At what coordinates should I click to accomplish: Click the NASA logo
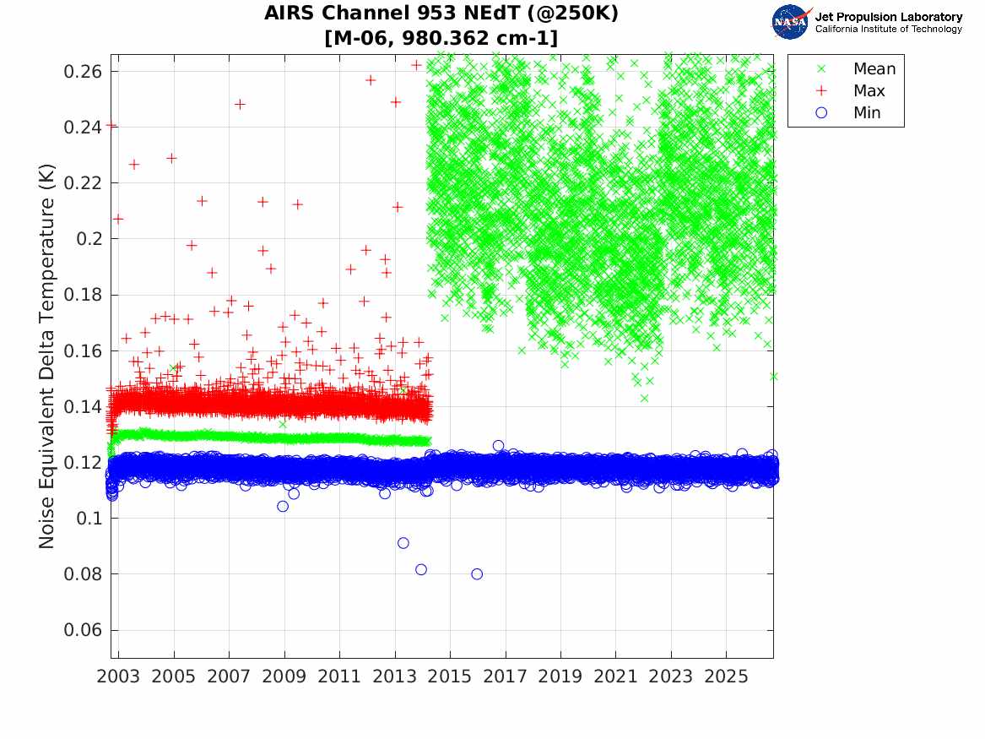coord(791,21)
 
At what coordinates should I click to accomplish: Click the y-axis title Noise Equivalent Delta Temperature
coord(46,356)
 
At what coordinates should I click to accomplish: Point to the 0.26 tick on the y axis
coord(82,72)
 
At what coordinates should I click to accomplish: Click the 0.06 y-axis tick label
coord(82,630)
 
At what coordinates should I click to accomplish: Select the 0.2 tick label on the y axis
coord(89,239)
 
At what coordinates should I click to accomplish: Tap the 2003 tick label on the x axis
coord(118,677)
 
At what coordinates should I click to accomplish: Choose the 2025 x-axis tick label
coord(726,677)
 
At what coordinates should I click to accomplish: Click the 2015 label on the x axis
coord(450,677)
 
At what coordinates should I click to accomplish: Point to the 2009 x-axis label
coord(284,677)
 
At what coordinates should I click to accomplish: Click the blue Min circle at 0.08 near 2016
coord(477,573)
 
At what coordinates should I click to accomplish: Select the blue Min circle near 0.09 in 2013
coord(403,543)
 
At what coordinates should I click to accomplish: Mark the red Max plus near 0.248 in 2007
coord(240,105)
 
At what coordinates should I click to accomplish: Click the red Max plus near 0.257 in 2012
coord(371,79)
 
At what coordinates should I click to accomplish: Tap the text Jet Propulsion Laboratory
coord(889,17)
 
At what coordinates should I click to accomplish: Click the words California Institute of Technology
coord(889,29)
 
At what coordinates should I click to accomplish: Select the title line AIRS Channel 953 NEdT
coord(441,14)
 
